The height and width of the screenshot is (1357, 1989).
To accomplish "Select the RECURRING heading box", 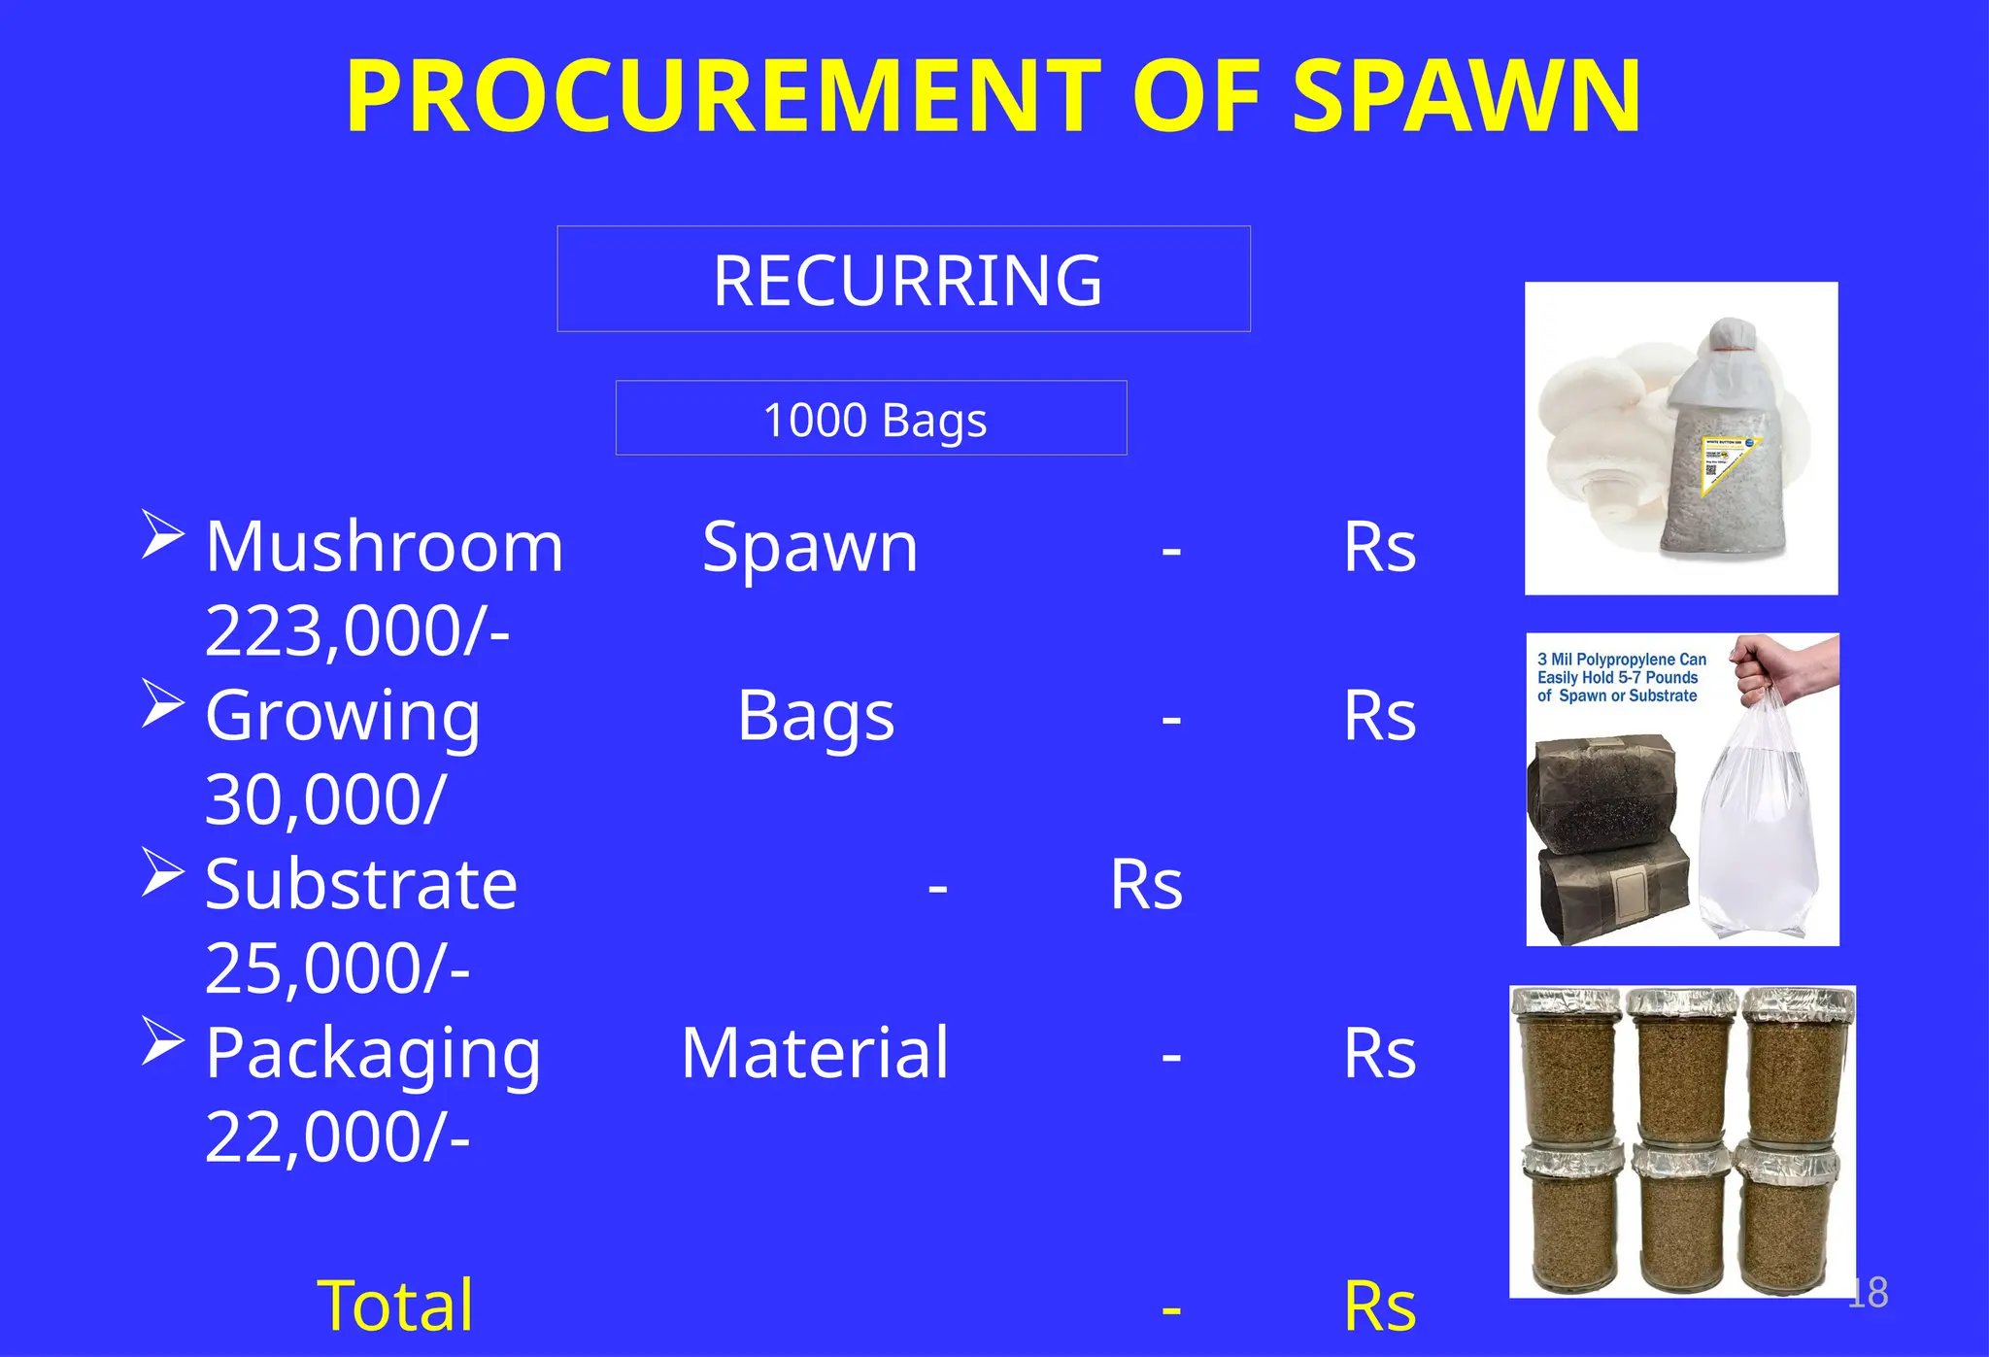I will (903, 280).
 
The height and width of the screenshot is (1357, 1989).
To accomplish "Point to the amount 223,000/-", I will (357, 631).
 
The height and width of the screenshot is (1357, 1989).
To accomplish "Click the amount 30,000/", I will (325, 799).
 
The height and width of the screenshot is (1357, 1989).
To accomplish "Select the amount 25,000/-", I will (337, 968).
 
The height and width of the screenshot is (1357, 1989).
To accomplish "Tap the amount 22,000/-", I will (337, 1136).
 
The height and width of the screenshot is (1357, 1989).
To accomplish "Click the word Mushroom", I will (384, 547).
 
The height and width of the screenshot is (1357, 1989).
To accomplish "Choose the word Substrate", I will (360, 885).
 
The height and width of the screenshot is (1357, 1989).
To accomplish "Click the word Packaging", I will (373, 1054).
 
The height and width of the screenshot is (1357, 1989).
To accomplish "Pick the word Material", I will (815, 1053).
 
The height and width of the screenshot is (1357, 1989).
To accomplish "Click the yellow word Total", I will (395, 1305).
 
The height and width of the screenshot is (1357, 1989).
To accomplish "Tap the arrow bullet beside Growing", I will (162, 703).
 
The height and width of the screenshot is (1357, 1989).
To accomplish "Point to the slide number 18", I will (1868, 1293).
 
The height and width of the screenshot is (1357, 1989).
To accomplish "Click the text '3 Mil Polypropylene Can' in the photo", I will (1621, 660).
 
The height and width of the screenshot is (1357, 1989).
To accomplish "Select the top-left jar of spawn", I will (1570, 1064).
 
